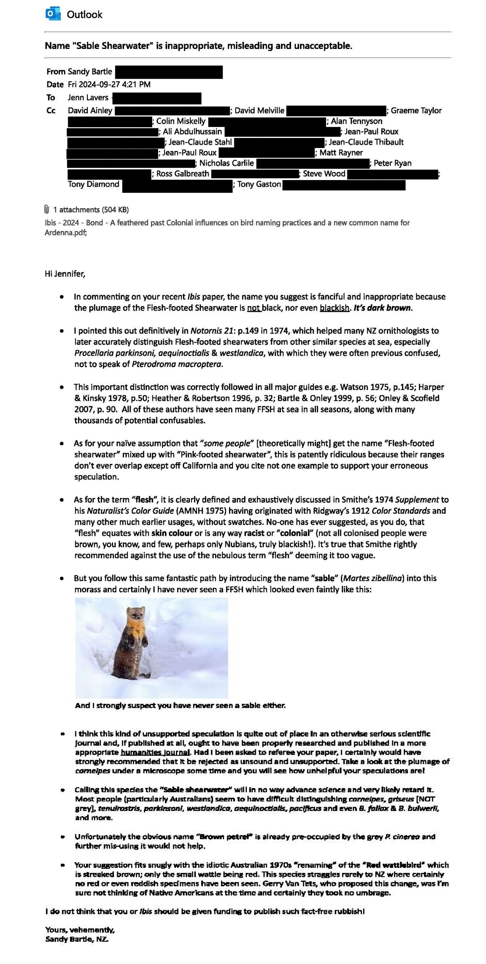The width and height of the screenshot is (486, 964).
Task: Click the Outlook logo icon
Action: tap(53, 14)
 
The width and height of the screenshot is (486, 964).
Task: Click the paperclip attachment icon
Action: tap(47, 209)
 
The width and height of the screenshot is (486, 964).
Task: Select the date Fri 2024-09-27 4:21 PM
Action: tap(109, 84)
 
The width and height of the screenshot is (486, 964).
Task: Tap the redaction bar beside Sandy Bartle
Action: tap(169, 72)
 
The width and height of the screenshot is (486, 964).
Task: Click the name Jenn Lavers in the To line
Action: tap(88, 98)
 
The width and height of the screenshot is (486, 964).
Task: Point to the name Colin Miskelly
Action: tap(181, 121)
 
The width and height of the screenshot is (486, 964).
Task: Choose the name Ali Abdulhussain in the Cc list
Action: tap(192, 131)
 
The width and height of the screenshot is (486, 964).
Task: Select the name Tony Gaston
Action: tap(259, 184)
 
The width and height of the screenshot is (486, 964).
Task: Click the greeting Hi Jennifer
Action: tap(65, 274)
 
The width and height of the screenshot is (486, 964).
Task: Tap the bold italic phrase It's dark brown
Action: tap(382, 308)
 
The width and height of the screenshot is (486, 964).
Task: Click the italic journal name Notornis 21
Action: tap(211, 331)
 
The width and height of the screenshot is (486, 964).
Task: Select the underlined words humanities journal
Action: tap(155, 752)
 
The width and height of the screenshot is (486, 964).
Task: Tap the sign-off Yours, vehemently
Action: tap(80, 930)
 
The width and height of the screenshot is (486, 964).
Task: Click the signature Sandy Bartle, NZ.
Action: tap(77, 939)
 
